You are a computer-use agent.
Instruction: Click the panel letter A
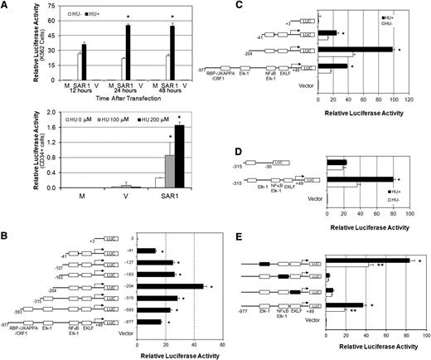(6, 6)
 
